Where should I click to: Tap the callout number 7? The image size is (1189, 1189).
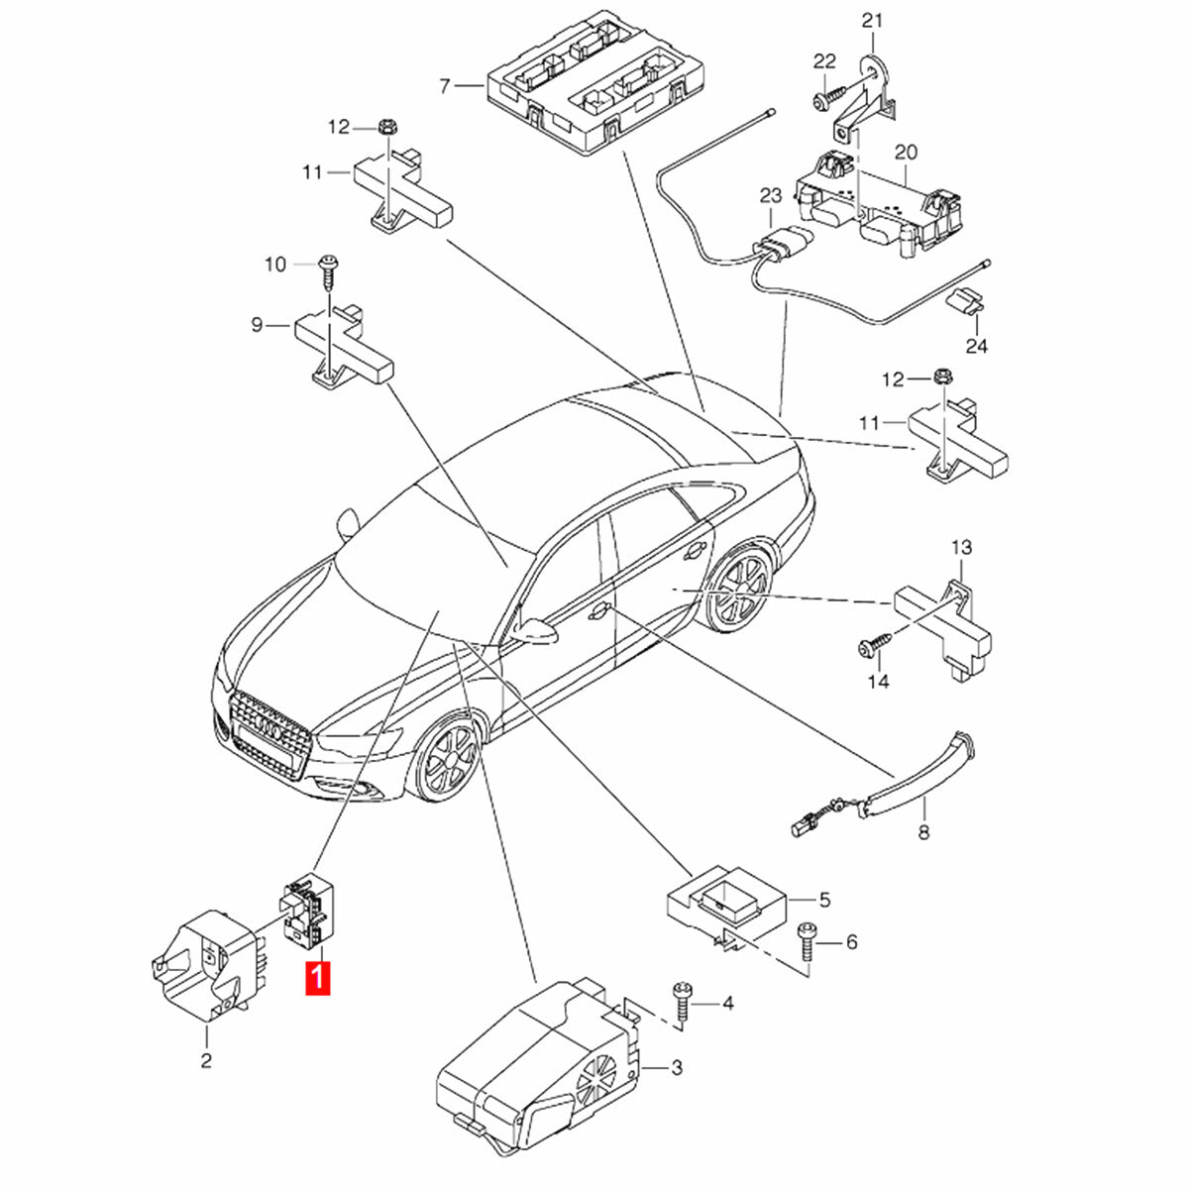(445, 86)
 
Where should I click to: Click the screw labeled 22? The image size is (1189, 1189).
(825, 99)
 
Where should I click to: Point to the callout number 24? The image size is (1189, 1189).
(977, 346)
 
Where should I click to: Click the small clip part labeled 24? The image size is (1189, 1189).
(966, 299)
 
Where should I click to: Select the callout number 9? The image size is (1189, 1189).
(257, 324)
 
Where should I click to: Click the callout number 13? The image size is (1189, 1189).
(962, 547)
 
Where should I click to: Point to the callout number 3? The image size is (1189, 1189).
(677, 1067)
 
